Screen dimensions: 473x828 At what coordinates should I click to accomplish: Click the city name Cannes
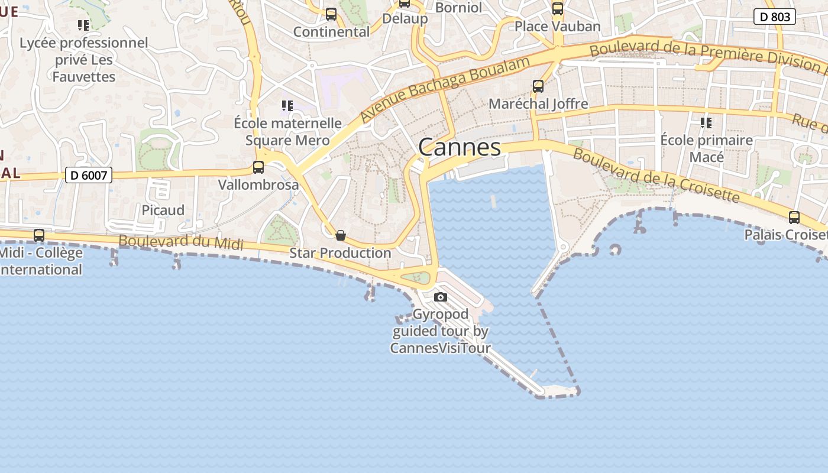tap(460, 147)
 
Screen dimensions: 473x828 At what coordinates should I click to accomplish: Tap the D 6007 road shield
tap(88, 175)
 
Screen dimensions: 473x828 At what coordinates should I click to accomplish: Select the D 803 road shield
tap(774, 17)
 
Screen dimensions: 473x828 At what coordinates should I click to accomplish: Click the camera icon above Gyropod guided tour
tap(440, 297)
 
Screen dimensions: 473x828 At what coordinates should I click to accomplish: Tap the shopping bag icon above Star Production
tap(341, 235)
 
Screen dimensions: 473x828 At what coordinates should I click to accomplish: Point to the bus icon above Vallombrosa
tap(258, 167)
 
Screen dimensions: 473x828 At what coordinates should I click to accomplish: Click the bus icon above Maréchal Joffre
tap(538, 86)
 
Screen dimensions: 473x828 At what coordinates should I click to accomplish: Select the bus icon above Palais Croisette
tap(794, 218)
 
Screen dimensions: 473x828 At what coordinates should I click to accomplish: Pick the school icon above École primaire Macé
tap(706, 123)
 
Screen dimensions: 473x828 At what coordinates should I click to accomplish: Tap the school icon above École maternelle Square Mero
tap(287, 106)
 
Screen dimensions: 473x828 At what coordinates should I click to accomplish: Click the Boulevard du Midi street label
tap(181, 241)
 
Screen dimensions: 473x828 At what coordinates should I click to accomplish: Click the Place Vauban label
tap(557, 26)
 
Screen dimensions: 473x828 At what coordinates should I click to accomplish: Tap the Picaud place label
tap(163, 210)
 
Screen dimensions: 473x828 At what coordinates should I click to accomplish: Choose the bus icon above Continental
tap(331, 14)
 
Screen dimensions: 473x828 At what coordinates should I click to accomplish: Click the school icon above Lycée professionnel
tap(83, 25)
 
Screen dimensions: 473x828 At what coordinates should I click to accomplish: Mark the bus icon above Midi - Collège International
tap(39, 235)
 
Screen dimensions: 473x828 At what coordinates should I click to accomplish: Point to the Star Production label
tap(340, 253)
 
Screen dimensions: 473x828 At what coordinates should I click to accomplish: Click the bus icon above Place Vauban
tap(558, 9)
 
